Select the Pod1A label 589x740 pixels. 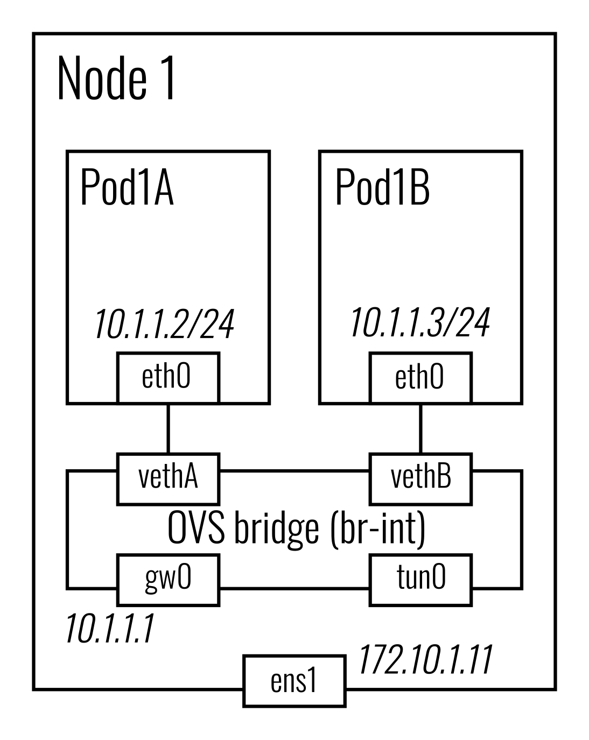(x=127, y=188)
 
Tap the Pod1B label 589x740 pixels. (x=382, y=188)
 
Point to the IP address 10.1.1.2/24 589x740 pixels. (x=164, y=325)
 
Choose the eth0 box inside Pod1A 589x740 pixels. (x=168, y=377)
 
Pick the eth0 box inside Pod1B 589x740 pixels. (x=420, y=377)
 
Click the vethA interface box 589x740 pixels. (x=168, y=478)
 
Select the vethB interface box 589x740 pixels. (x=420, y=478)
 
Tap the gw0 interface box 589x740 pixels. (x=168, y=580)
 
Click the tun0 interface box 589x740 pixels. (x=420, y=580)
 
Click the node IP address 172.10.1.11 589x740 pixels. (x=425, y=660)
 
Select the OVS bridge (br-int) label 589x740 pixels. (x=297, y=529)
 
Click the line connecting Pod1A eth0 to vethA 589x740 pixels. (x=169, y=428)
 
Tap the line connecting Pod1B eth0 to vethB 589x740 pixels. (x=420, y=428)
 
